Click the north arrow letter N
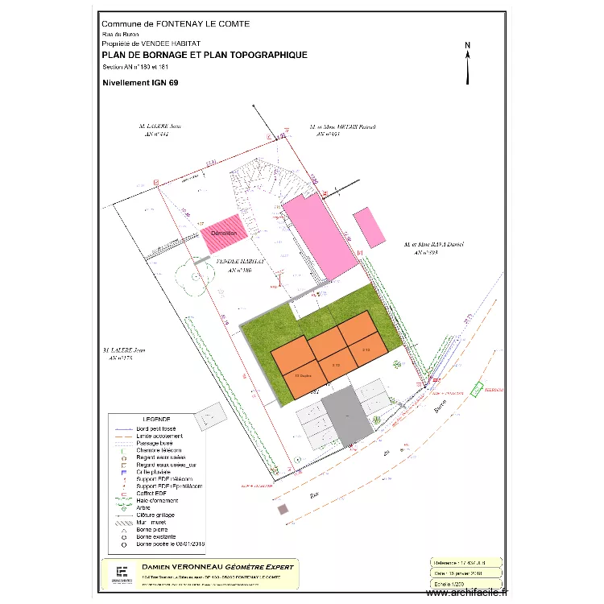(467, 45)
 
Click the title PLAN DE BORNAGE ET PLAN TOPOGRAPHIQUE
(205, 56)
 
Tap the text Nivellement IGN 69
(140, 82)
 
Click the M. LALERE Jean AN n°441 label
(159, 131)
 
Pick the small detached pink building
(371, 227)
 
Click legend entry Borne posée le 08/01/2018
(171, 544)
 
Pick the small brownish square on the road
(283, 509)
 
